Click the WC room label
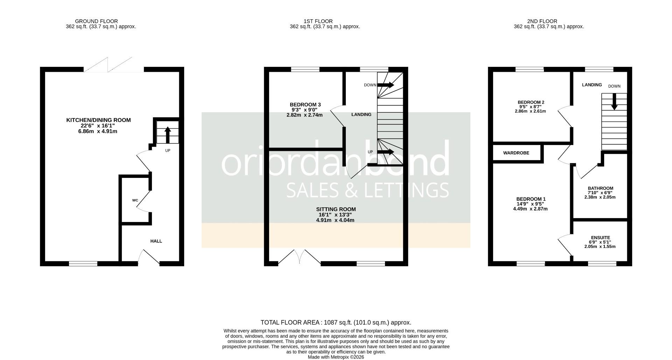tap(135, 200)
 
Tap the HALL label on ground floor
tap(156, 241)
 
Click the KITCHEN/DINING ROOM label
tap(98, 120)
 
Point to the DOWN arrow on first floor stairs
tap(385, 85)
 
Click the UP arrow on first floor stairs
tap(385, 152)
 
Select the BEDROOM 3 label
tap(305, 104)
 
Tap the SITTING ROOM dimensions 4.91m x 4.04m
tap(335, 220)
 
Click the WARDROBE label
tap(516, 153)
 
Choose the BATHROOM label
tap(600, 188)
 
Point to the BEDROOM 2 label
tap(531, 102)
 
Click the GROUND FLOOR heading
tap(96, 21)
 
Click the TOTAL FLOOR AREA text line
tap(336, 323)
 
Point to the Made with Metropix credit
tap(336, 357)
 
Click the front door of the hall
tap(149, 258)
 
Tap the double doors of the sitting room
tap(300, 257)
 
